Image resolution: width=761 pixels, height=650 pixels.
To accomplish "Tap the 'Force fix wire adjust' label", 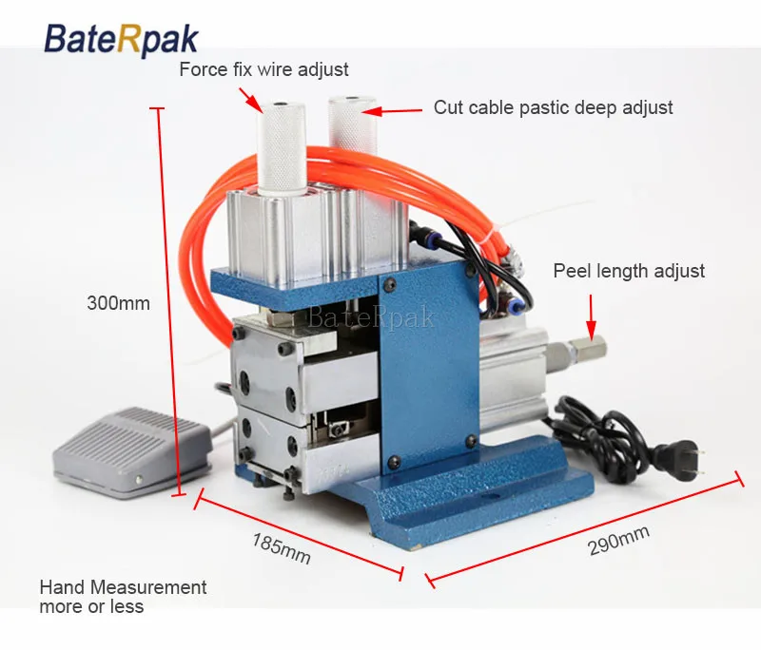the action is (264, 69).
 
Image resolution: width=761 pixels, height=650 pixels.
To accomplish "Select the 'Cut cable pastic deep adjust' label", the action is (553, 107).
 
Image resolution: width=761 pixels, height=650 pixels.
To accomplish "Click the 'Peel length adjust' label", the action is (629, 271).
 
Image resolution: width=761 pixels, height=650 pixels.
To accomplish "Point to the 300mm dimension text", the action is (118, 304).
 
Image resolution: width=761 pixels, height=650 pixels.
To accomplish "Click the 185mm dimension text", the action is (282, 548).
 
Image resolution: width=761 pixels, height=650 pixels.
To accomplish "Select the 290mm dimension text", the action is (617, 543).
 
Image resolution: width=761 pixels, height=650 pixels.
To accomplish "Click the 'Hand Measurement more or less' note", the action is (123, 597).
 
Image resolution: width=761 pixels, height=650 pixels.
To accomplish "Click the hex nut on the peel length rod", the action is (582, 352).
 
